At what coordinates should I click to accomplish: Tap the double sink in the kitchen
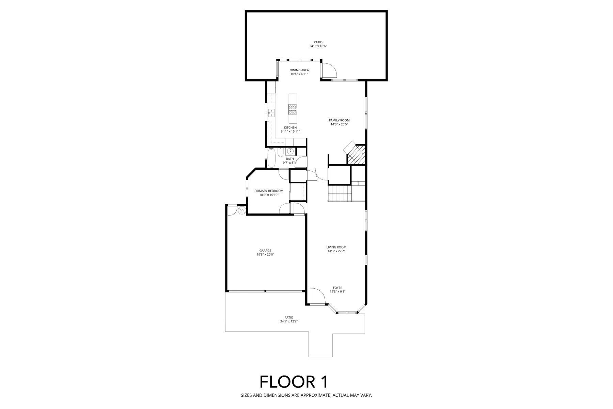click(x=271, y=112)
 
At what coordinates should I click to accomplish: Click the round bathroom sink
click(x=290, y=151)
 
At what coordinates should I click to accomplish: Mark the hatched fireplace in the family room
click(x=356, y=154)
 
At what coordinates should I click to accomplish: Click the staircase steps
click(x=340, y=193)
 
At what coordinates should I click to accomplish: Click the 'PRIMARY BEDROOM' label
click(x=269, y=191)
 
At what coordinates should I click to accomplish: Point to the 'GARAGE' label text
click(x=265, y=251)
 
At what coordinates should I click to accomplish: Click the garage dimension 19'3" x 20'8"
click(x=265, y=255)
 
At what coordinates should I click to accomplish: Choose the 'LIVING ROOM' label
click(x=336, y=247)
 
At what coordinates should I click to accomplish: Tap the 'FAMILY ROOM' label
click(x=339, y=120)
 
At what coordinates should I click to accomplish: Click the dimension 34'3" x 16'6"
click(x=318, y=46)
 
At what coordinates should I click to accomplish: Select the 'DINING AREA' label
click(x=299, y=70)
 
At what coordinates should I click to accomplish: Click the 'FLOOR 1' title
click(x=294, y=382)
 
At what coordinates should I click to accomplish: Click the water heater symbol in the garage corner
click(x=241, y=210)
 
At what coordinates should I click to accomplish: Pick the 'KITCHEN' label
click(x=290, y=127)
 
